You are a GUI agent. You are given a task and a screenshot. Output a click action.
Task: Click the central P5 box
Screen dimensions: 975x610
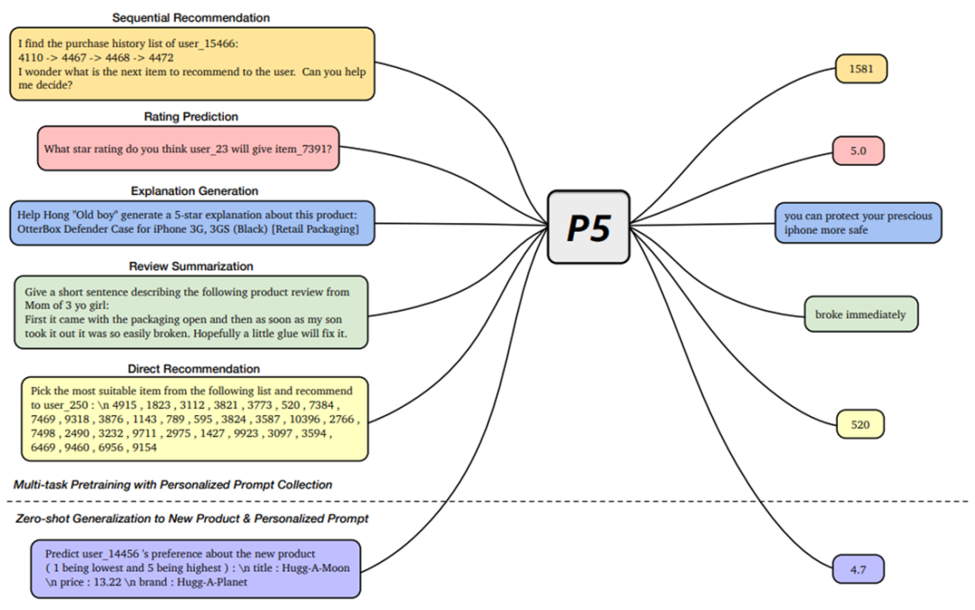tap(589, 227)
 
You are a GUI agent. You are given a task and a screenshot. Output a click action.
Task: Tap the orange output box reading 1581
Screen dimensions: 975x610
tap(860, 69)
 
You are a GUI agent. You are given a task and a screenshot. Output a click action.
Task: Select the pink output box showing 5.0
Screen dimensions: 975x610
tap(859, 151)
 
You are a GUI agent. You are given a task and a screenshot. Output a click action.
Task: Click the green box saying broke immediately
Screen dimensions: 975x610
tap(860, 314)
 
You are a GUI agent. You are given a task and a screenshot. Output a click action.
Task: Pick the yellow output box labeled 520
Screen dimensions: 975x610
tap(860, 424)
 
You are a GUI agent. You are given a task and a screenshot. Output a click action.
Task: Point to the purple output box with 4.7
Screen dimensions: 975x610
tap(859, 569)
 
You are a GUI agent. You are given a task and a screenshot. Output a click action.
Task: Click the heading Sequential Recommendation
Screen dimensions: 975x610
tap(190, 17)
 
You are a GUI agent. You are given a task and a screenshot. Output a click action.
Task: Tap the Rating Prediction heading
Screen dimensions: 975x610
tap(190, 116)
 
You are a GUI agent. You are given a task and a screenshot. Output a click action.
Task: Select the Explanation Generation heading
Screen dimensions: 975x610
tap(194, 191)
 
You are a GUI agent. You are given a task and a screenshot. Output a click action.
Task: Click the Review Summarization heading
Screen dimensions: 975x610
tap(190, 266)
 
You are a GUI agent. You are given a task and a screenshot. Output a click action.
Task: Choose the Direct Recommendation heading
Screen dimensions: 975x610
tap(193, 369)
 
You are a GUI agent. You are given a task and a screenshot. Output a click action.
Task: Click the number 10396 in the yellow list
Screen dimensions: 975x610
tap(305, 419)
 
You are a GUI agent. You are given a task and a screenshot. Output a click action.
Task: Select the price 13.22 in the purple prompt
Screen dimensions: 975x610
tap(107, 582)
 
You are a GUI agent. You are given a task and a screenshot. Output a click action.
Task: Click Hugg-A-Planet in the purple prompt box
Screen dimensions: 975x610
tap(212, 582)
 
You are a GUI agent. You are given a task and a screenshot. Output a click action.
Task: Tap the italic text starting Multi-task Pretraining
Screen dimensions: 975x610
tap(172, 485)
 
